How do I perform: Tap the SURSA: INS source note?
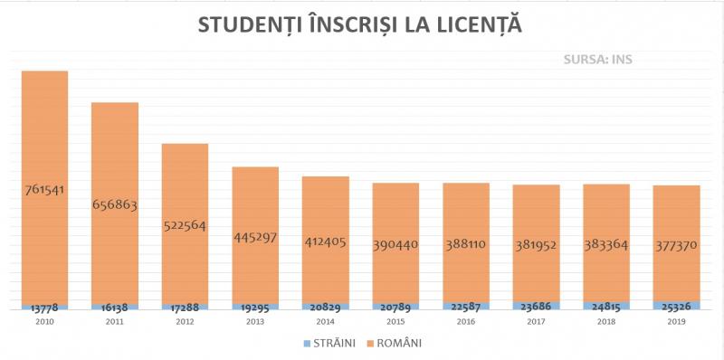[x=596, y=61]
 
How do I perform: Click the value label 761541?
[x=44, y=190]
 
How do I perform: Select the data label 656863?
[x=115, y=204]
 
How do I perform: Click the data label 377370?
[x=676, y=245]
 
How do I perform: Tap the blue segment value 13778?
[x=44, y=308]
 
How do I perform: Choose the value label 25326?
[x=676, y=308]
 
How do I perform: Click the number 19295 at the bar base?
[x=255, y=308]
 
